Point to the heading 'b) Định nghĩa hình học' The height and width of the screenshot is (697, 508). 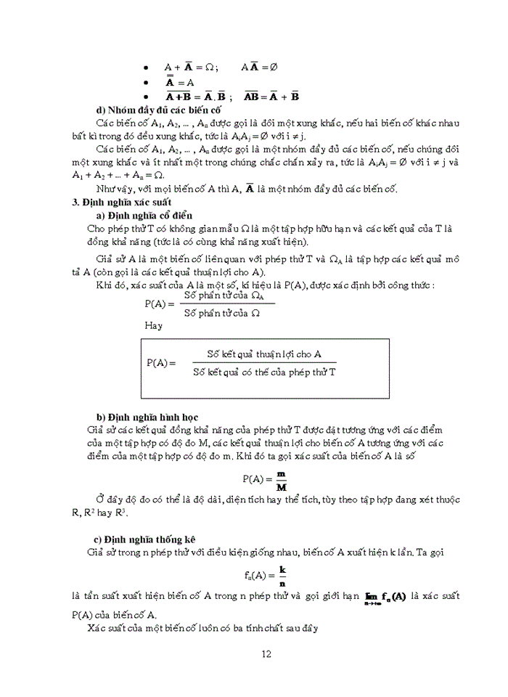pos(145,417)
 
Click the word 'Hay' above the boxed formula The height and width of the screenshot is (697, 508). pos(154,325)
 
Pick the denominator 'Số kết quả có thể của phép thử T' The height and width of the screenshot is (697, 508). pos(265,371)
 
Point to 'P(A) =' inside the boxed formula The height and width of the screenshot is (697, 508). pos(161,362)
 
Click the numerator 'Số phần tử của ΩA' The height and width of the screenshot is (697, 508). pos(222,295)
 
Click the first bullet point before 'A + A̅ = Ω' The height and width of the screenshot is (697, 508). pos(147,66)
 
